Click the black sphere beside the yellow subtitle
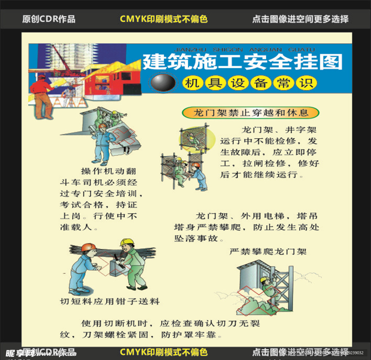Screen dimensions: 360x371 163,83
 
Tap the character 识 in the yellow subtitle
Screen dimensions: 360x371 308,83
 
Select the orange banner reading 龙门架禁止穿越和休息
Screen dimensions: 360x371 251,112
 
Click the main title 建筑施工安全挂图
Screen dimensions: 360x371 242,62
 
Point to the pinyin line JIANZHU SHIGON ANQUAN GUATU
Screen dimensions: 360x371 244,49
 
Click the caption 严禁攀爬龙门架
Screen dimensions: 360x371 268,251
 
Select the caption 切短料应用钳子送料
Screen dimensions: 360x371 109,301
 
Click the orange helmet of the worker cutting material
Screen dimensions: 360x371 88,247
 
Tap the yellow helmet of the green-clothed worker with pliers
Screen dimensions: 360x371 127,242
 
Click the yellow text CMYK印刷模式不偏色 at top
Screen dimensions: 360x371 163,19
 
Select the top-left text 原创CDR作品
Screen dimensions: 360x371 49,19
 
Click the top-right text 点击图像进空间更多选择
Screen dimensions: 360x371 300,19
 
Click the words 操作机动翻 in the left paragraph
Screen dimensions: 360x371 108,171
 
